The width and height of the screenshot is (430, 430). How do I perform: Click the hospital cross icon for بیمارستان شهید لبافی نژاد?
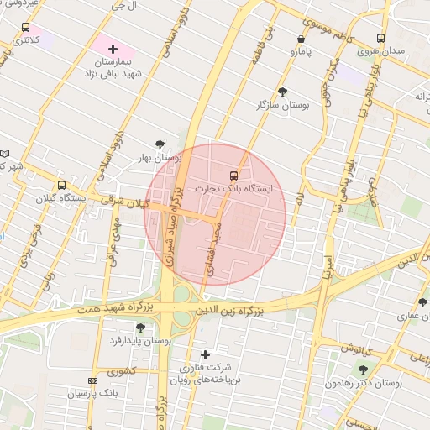point(113,50)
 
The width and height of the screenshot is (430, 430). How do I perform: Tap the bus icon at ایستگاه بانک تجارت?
point(233,176)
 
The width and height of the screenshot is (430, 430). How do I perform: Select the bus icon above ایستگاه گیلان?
point(60,185)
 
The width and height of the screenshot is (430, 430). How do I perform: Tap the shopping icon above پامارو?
point(302,39)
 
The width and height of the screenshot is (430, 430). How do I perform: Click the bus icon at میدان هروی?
point(380,38)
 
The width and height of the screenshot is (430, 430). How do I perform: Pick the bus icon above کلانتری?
point(26,27)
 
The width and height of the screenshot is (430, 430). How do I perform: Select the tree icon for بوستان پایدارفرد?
point(140,328)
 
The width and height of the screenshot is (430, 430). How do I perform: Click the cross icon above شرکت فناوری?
point(205,354)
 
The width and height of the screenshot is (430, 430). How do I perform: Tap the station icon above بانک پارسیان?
point(92,380)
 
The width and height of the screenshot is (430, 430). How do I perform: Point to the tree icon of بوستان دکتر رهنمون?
point(363,369)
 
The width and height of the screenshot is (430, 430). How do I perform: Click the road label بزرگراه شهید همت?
point(99,312)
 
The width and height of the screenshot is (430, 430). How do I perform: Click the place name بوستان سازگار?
point(283,106)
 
